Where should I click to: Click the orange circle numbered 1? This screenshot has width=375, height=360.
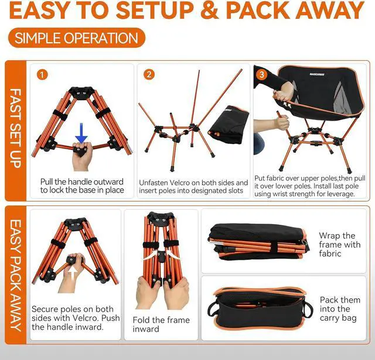pyautogui.click(x=42, y=74)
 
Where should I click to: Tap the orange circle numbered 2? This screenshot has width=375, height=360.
pyautogui.click(x=149, y=74)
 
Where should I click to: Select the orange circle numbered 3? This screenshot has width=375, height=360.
pyautogui.click(x=261, y=74)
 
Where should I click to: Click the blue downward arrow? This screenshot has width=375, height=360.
pyautogui.click(x=81, y=133)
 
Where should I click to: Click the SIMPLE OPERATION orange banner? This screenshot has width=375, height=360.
pyautogui.click(x=77, y=37)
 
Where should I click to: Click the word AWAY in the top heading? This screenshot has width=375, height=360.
pyautogui.click(x=329, y=10)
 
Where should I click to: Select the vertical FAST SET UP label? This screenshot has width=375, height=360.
pyautogui.click(x=16, y=128)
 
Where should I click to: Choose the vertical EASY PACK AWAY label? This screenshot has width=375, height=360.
pyautogui.click(x=16, y=275)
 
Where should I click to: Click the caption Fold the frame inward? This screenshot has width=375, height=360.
pyautogui.click(x=161, y=324)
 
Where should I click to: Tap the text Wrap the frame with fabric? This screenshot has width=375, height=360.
pyautogui.click(x=340, y=244)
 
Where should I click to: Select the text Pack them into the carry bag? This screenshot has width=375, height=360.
pyautogui.click(x=340, y=309)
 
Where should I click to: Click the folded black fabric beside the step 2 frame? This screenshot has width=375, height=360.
pyautogui.click(x=229, y=124)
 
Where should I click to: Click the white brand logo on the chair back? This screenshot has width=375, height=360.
pyautogui.click(x=317, y=74)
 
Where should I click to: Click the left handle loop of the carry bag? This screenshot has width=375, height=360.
pyautogui.click(x=212, y=308)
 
